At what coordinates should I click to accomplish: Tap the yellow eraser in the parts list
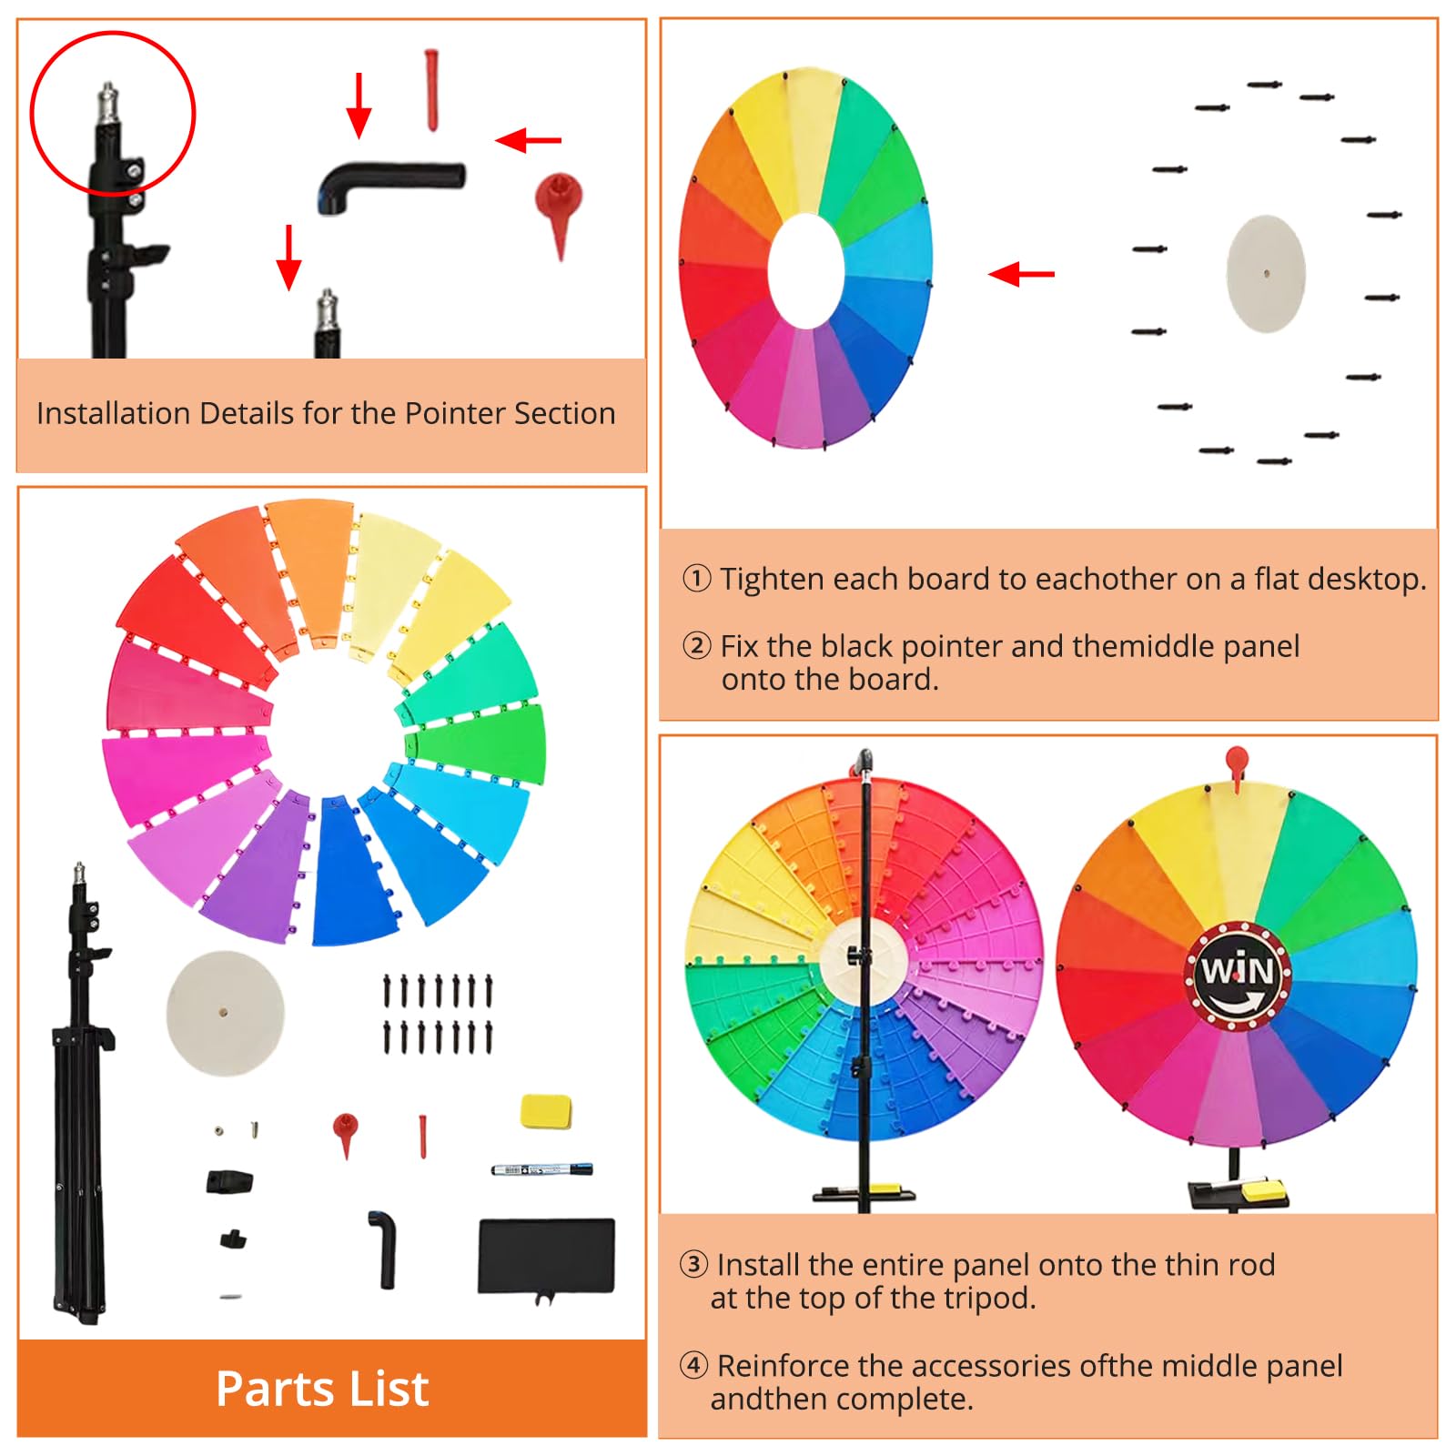click(x=545, y=1112)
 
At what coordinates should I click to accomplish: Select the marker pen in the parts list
click(x=542, y=1168)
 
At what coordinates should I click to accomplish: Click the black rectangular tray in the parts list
click(x=546, y=1257)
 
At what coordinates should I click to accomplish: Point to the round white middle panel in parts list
click(x=225, y=1013)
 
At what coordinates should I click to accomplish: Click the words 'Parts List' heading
click(x=322, y=1389)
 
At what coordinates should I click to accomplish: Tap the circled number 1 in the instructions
click(x=697, y=578)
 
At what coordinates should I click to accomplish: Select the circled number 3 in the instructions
click(x=693, y=1264)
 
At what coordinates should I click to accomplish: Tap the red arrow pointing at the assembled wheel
click(x=1021, y=273)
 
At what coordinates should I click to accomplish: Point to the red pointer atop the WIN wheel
click(x=1237, y=766)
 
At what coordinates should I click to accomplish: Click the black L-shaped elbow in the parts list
click(x=384, y=1249)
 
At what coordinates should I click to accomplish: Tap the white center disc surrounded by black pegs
click(x=1266, y=273)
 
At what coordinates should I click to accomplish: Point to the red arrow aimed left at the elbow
click(x=529, y=140)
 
